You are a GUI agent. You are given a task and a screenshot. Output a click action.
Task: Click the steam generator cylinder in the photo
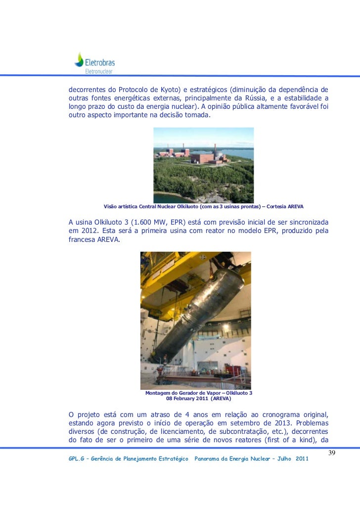[198, 317]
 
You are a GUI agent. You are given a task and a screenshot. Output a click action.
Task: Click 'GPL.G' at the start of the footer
[77, 460]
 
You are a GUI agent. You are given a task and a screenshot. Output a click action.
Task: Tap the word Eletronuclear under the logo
[99, 71]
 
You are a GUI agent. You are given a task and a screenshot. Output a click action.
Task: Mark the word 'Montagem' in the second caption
[159, 393]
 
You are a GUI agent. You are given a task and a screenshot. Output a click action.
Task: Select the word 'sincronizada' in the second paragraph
[304, 222]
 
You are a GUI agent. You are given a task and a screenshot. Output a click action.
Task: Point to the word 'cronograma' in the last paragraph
[268, 414]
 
